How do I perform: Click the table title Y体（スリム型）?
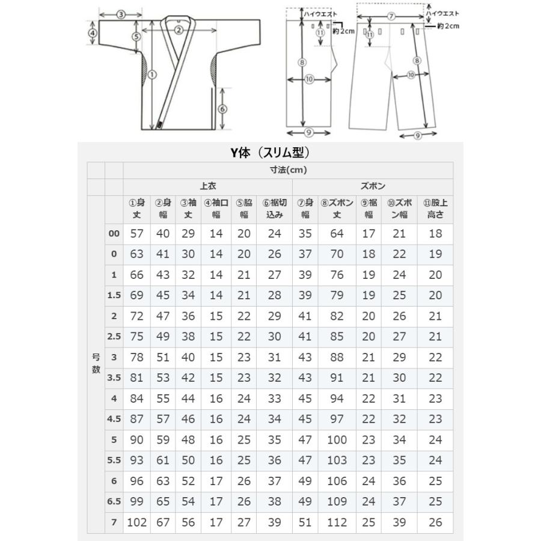270,152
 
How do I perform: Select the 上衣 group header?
208,186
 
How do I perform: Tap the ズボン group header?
373,186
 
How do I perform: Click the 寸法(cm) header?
288,170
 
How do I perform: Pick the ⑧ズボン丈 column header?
337,209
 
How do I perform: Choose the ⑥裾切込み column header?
275,209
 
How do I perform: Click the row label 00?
114,234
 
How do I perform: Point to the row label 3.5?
114,378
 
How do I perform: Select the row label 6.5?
114,501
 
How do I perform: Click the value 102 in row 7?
136,522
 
